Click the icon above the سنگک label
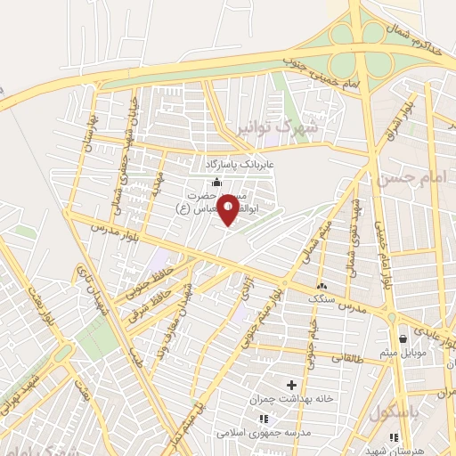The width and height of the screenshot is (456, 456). pos(322,286)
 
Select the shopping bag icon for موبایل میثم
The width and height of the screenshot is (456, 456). pos(404,338)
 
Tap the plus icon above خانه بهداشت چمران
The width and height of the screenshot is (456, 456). pos(291,384)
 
